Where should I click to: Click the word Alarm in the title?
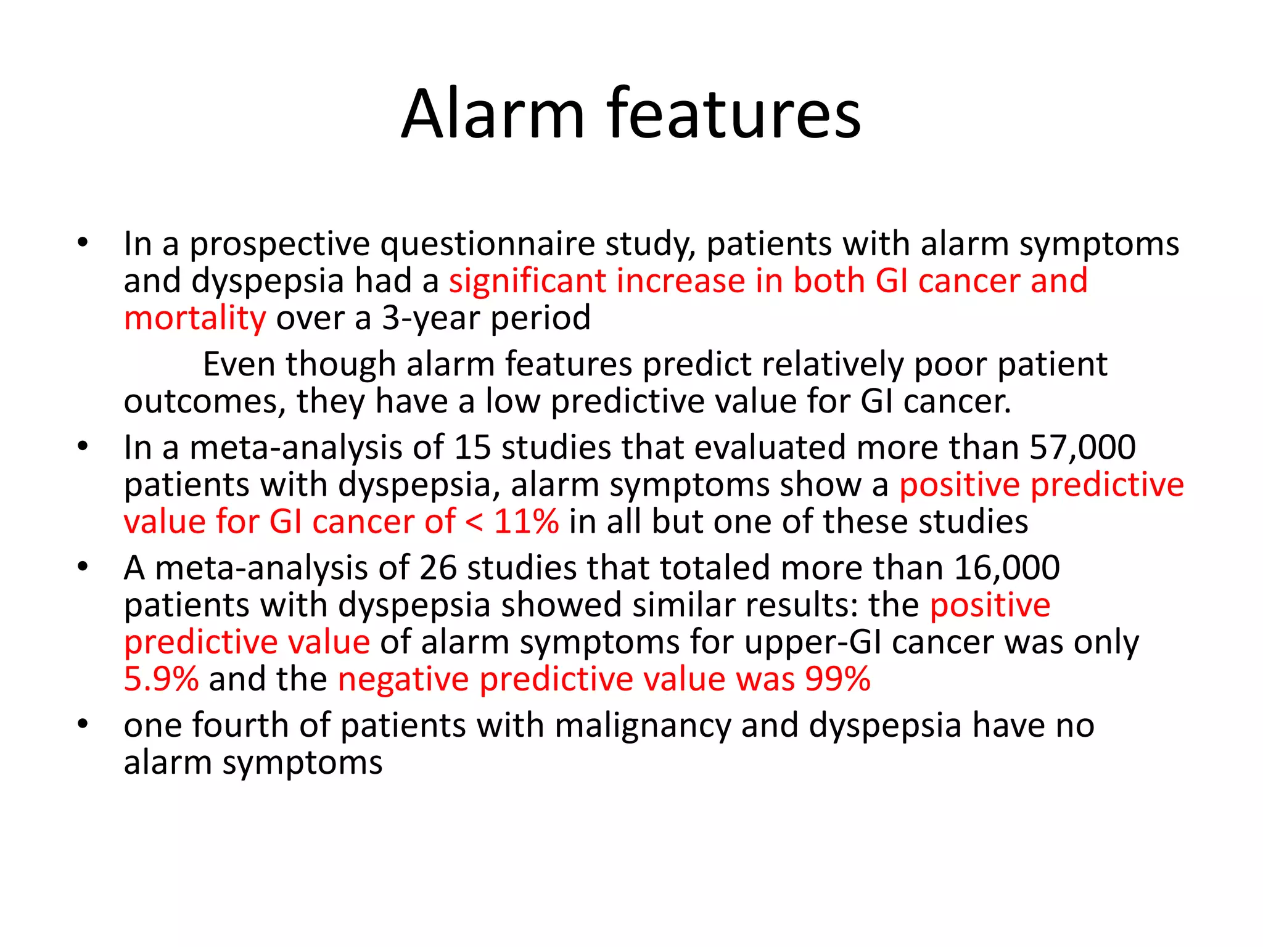point(493,114)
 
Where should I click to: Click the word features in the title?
point(734,114)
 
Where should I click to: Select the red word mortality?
point(195,319)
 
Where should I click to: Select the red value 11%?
point(526,522)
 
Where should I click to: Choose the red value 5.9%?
point(161,679)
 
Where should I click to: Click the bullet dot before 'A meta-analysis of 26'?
point(83,567)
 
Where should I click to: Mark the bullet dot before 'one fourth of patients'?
point(83,725)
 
